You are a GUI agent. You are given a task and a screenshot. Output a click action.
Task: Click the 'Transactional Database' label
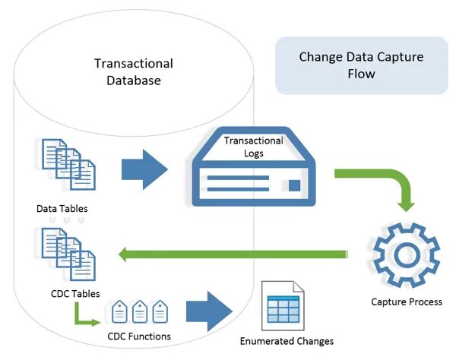point(133,71)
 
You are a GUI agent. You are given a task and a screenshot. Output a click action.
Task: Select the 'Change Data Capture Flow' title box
point(361,65)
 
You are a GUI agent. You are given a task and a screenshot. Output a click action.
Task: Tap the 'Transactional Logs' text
point(253,147)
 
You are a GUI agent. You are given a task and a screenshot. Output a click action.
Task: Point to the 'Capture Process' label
point(406,302)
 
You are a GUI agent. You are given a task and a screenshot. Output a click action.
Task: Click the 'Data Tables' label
point(61,207)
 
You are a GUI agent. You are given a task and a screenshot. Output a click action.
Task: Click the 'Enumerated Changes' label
point(287,341)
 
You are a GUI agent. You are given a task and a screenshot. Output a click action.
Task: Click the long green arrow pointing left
point(236,254)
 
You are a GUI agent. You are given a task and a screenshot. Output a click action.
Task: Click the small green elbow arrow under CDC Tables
point(83,314)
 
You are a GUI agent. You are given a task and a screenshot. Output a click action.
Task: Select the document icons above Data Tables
point(67,164)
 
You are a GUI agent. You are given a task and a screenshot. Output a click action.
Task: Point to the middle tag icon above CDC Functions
point(139,311)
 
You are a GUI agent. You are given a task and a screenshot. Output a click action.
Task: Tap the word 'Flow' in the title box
point(361,74)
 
